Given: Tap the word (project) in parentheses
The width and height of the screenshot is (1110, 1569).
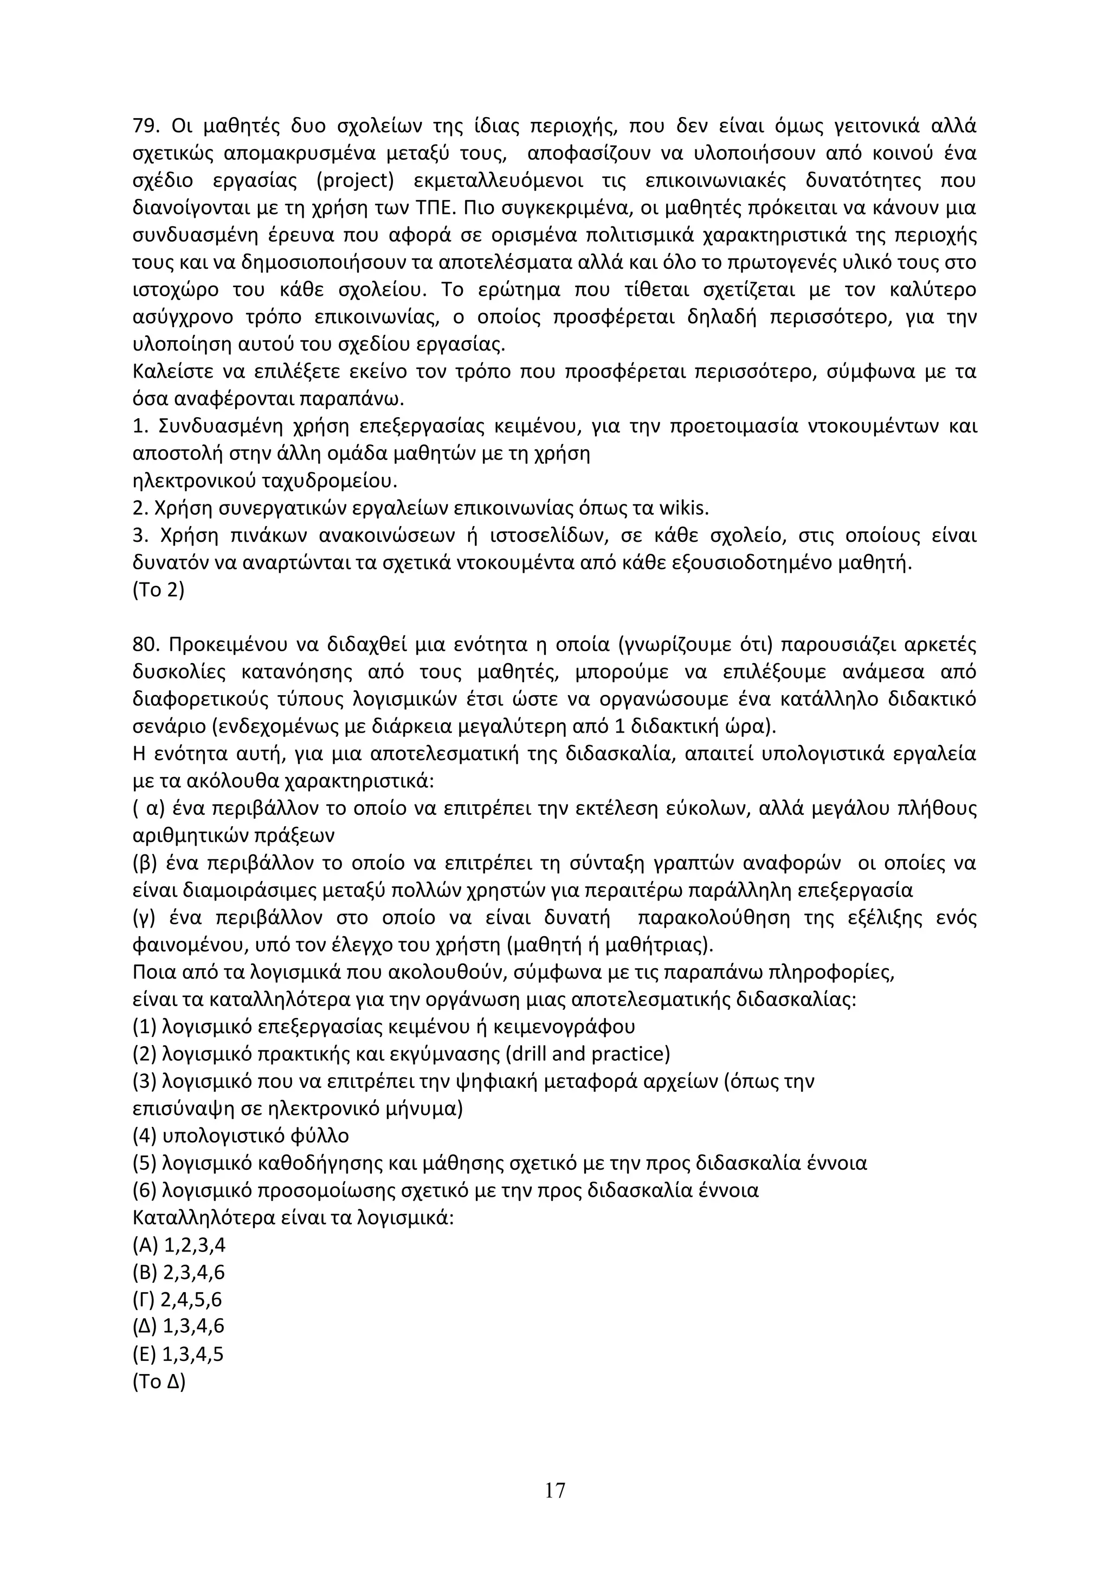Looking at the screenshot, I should pyautogui.click(x=356, y=181).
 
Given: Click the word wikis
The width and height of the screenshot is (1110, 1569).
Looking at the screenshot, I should pyautogui.click(x=683, y=508).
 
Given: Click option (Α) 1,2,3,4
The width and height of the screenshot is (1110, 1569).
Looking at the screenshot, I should pyautogui.click(x=178, y=1245).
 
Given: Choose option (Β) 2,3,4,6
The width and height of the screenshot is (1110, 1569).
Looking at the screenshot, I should pyautogui.click(x=178, y=1273).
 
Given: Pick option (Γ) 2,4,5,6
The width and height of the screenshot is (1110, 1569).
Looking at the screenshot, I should pyautogui.click(x=178, y=1300).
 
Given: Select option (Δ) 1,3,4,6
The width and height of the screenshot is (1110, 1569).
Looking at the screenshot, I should pyautogui.click(x=178, y=1326).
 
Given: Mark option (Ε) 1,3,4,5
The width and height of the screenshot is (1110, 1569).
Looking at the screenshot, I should pyautogui.click(x=178, y=1354).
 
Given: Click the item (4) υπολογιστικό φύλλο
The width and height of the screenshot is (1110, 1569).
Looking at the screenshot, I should pyautogui.click(x=241, y=1136).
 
